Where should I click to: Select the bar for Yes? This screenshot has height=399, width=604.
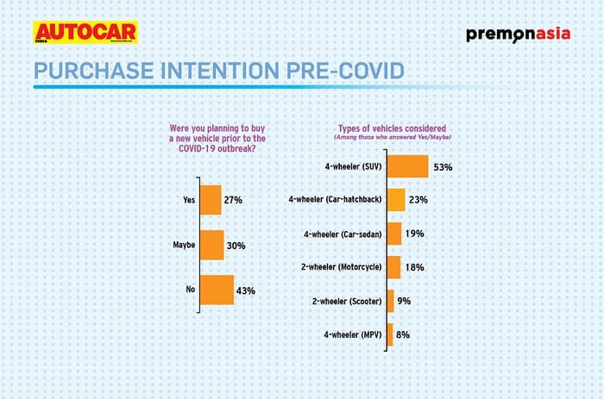point(211,200)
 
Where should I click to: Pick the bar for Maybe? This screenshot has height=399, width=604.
point(212,245)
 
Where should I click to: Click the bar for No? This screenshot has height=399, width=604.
point(217,290)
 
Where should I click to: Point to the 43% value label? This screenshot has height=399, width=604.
point(246,290)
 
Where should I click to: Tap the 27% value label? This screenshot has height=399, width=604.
point(233,200)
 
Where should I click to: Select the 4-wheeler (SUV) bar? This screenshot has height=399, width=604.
point(408,166)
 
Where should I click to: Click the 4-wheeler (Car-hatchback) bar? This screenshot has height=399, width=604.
point(396,200)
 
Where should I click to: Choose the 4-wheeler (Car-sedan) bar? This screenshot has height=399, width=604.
point(394,234)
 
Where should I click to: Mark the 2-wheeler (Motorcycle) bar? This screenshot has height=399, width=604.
point(393,267)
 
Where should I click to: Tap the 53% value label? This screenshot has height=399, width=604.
point(444,166)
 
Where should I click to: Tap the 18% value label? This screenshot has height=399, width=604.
point(415,267)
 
